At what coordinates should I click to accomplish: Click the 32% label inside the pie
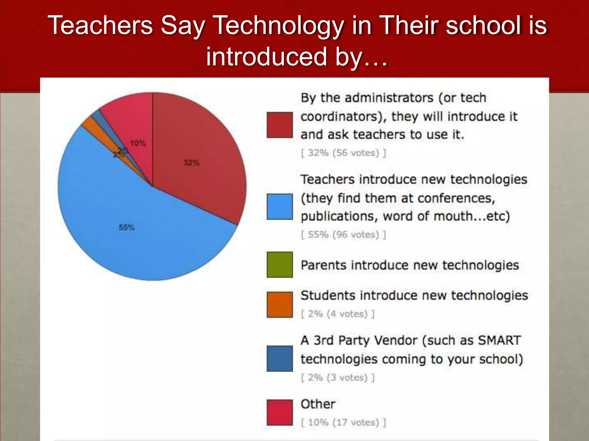click(x=192, y=163)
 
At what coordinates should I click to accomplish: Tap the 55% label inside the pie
click(x=127, y=228)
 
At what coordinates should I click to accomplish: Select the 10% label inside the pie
click(x=138, y=143)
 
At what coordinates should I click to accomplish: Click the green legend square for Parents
click(x=280, y=265)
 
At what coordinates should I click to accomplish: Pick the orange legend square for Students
click(x=280, y=305)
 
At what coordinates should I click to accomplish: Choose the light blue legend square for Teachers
click(x=280, y=207)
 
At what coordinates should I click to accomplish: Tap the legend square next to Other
click(x=280, y=412)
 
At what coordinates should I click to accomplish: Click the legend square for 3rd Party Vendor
click(x=280, y=359)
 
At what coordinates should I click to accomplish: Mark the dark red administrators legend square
click(x=280, y=125)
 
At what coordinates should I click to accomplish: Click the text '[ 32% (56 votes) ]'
click(x=343, y=153)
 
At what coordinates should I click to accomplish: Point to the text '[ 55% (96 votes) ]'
click(x=343, y=235)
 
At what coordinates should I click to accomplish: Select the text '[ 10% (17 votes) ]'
click(x=343, y=422)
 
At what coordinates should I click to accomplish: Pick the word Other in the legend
click(x=318, y=404)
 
